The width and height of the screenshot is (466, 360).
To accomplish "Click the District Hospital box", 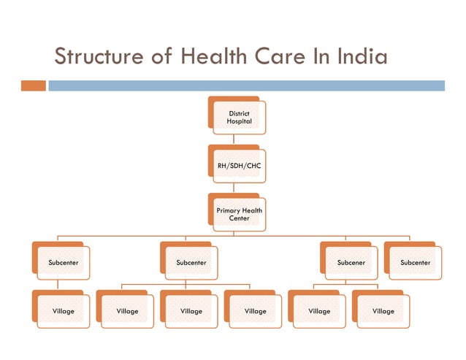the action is pyautogui.click(x=239, y=117).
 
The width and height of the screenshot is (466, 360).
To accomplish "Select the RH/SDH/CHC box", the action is pyautogui.click(x=239, y=166).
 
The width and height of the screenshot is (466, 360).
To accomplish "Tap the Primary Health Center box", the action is pyautogui.click(x=239, y=214).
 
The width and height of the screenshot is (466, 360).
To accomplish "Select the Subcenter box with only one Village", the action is pyautogui.click(x=63, y=261).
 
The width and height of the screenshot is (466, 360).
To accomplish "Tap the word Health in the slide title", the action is pyautogui.click(x=212, y=56).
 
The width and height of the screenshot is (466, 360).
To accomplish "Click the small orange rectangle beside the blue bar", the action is pyautogui.click(x=34, y=85).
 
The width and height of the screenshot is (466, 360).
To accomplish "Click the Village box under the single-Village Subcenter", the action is pyautogui.click(x=63, y=311).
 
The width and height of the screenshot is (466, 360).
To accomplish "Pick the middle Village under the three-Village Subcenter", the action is pyautogui.click(x=191, y=311).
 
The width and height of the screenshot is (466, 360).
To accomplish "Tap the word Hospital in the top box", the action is pyautogui.click(x=239, y=121).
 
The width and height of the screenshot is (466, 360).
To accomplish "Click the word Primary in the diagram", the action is pyautogui.click(x=229, y=210).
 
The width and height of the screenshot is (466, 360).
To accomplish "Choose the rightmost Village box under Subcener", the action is pyautogui.click(x=383, y=311).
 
